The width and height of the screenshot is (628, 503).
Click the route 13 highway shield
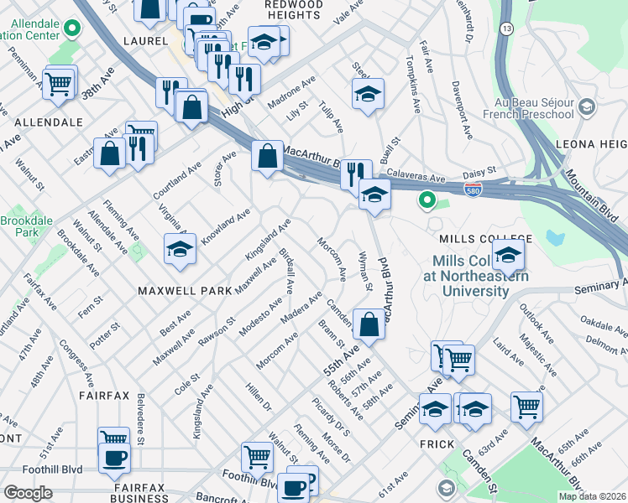tap(505, 29)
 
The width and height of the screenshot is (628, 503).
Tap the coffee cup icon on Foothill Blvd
tap(114, 457)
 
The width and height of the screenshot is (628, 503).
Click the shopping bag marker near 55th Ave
tap(369, 323)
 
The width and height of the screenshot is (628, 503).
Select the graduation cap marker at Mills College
tap(508, 254)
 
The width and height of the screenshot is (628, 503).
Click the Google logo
tap(28, 493)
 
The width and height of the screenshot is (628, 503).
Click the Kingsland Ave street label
tap(267, 239)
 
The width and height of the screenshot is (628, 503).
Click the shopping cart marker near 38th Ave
tap(59, 84)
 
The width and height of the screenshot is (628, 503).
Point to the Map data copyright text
tap(591, 496)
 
